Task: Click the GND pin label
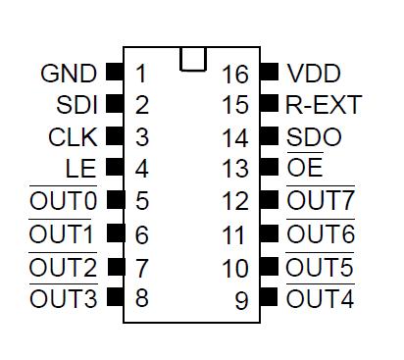[69, 74]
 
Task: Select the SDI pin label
[76, 105]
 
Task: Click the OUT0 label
[63, 202]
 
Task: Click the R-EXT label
[324, 105]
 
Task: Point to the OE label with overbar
[305, 169]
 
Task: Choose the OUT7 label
[320, 202]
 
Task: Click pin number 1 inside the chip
[142, 74]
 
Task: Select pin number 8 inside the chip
[142, 298]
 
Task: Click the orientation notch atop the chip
[193, 59]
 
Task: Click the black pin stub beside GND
[114, 73]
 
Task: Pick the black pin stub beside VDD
[270, 73]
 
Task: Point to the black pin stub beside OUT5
[270, 266]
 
